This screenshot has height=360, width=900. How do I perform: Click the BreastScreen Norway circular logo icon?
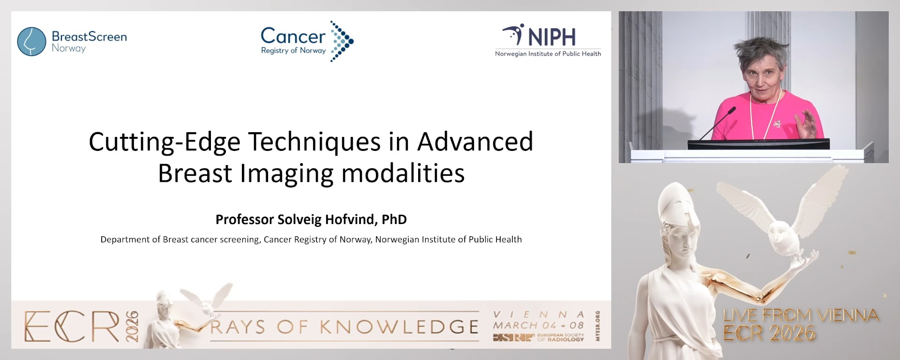coord(31,41)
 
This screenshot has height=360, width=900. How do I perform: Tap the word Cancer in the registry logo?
coord(292,36)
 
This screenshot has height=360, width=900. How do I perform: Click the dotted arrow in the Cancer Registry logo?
coord(342,41)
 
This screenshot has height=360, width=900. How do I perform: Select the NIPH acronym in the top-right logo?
coord(552,37)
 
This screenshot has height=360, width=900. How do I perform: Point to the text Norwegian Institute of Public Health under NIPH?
coord(548,54)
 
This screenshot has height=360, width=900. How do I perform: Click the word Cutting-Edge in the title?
coord(164,142)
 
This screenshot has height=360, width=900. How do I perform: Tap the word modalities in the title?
coord(403,173)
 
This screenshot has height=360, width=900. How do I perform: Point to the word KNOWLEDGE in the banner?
coord(399,327)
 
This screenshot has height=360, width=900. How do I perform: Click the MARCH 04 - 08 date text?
coord(538,325)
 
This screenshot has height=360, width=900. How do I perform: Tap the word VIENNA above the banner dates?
coord(538,315)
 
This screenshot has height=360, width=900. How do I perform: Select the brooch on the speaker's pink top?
coord(777,124)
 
